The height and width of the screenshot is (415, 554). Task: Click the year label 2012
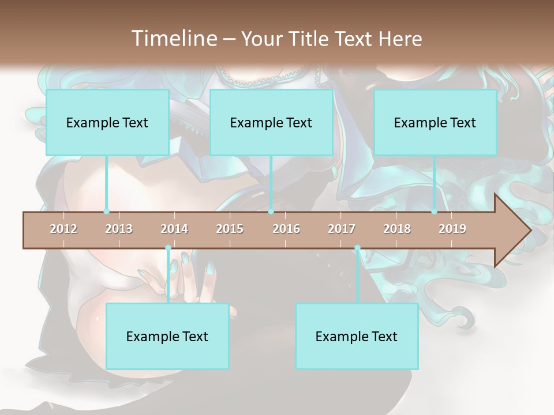[63, 229]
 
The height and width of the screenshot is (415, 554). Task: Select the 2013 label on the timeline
[119, 229]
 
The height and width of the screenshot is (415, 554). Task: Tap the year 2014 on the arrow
[174, 229]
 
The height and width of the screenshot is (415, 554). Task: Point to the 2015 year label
[230, 229]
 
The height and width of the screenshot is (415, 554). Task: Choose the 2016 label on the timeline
[286, 229]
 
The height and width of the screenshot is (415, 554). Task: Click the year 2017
[342, 229]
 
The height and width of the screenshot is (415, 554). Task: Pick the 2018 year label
[397, 229]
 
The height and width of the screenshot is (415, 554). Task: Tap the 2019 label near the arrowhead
[452, 229]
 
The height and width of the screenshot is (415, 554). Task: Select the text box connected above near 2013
[107, 122]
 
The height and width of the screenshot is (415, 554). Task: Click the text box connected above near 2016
[271, 122]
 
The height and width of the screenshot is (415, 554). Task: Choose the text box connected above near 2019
[435, 122]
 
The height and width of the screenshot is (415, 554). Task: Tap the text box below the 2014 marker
[167, 336]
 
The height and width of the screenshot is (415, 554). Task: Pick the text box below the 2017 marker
[357, 336]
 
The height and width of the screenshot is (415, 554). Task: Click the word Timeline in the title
[173, 39]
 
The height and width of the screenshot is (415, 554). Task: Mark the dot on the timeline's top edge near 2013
[106, 212]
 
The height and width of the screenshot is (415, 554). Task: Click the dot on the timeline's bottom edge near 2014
[168, 248]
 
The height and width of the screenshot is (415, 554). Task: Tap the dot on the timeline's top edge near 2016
[271, 212]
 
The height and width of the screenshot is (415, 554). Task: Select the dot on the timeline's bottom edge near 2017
[357, 248]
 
